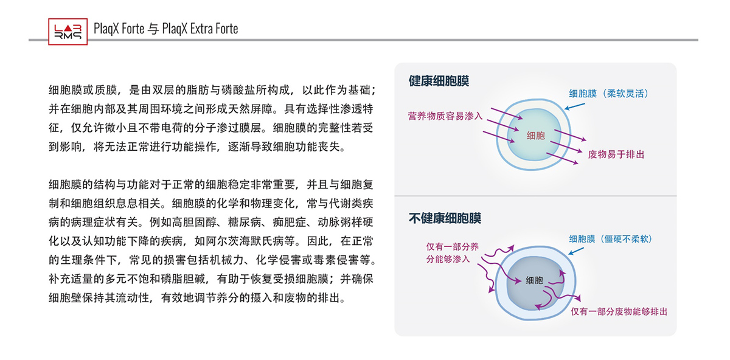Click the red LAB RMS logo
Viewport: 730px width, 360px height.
tap(68, 32)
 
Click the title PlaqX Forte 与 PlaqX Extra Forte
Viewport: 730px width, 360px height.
tap(166, 29)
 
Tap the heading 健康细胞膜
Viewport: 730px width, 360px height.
tap(439, 81)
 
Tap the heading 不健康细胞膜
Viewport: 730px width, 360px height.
tap(445, 218)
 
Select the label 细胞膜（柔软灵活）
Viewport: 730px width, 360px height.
tap(609, 94)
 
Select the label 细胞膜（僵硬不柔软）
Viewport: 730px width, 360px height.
tap(611, 239)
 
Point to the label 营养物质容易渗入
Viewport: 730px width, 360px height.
tap(445, 116)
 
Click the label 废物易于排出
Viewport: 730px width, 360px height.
tap(616, 154)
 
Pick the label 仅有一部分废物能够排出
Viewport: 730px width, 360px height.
tap(619, 312)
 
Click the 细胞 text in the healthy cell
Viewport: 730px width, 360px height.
tap(536, 136)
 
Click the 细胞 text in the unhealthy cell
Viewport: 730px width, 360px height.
tap(535, 280)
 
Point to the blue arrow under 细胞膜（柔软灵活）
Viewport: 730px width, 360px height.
tap(574, 106)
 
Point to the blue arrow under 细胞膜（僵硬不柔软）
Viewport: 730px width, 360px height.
tap(576, 251)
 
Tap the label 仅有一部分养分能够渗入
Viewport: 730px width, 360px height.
tap(453, 253)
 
